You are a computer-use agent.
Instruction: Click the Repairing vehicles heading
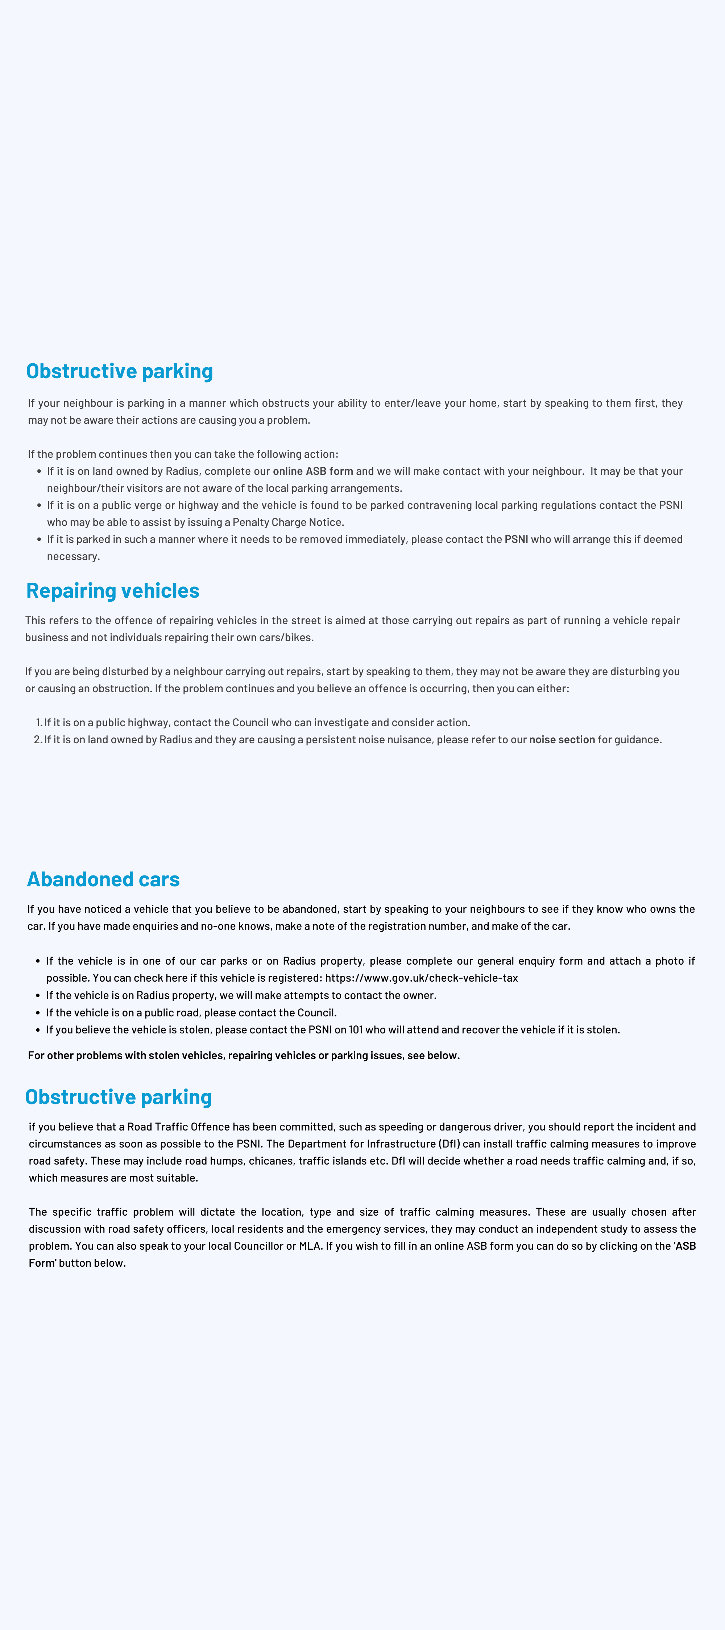(113, 590)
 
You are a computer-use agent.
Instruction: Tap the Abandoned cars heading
(103, 879)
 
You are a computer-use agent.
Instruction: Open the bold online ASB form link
(313, 471)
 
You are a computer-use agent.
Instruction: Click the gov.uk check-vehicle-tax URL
(421, 978)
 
